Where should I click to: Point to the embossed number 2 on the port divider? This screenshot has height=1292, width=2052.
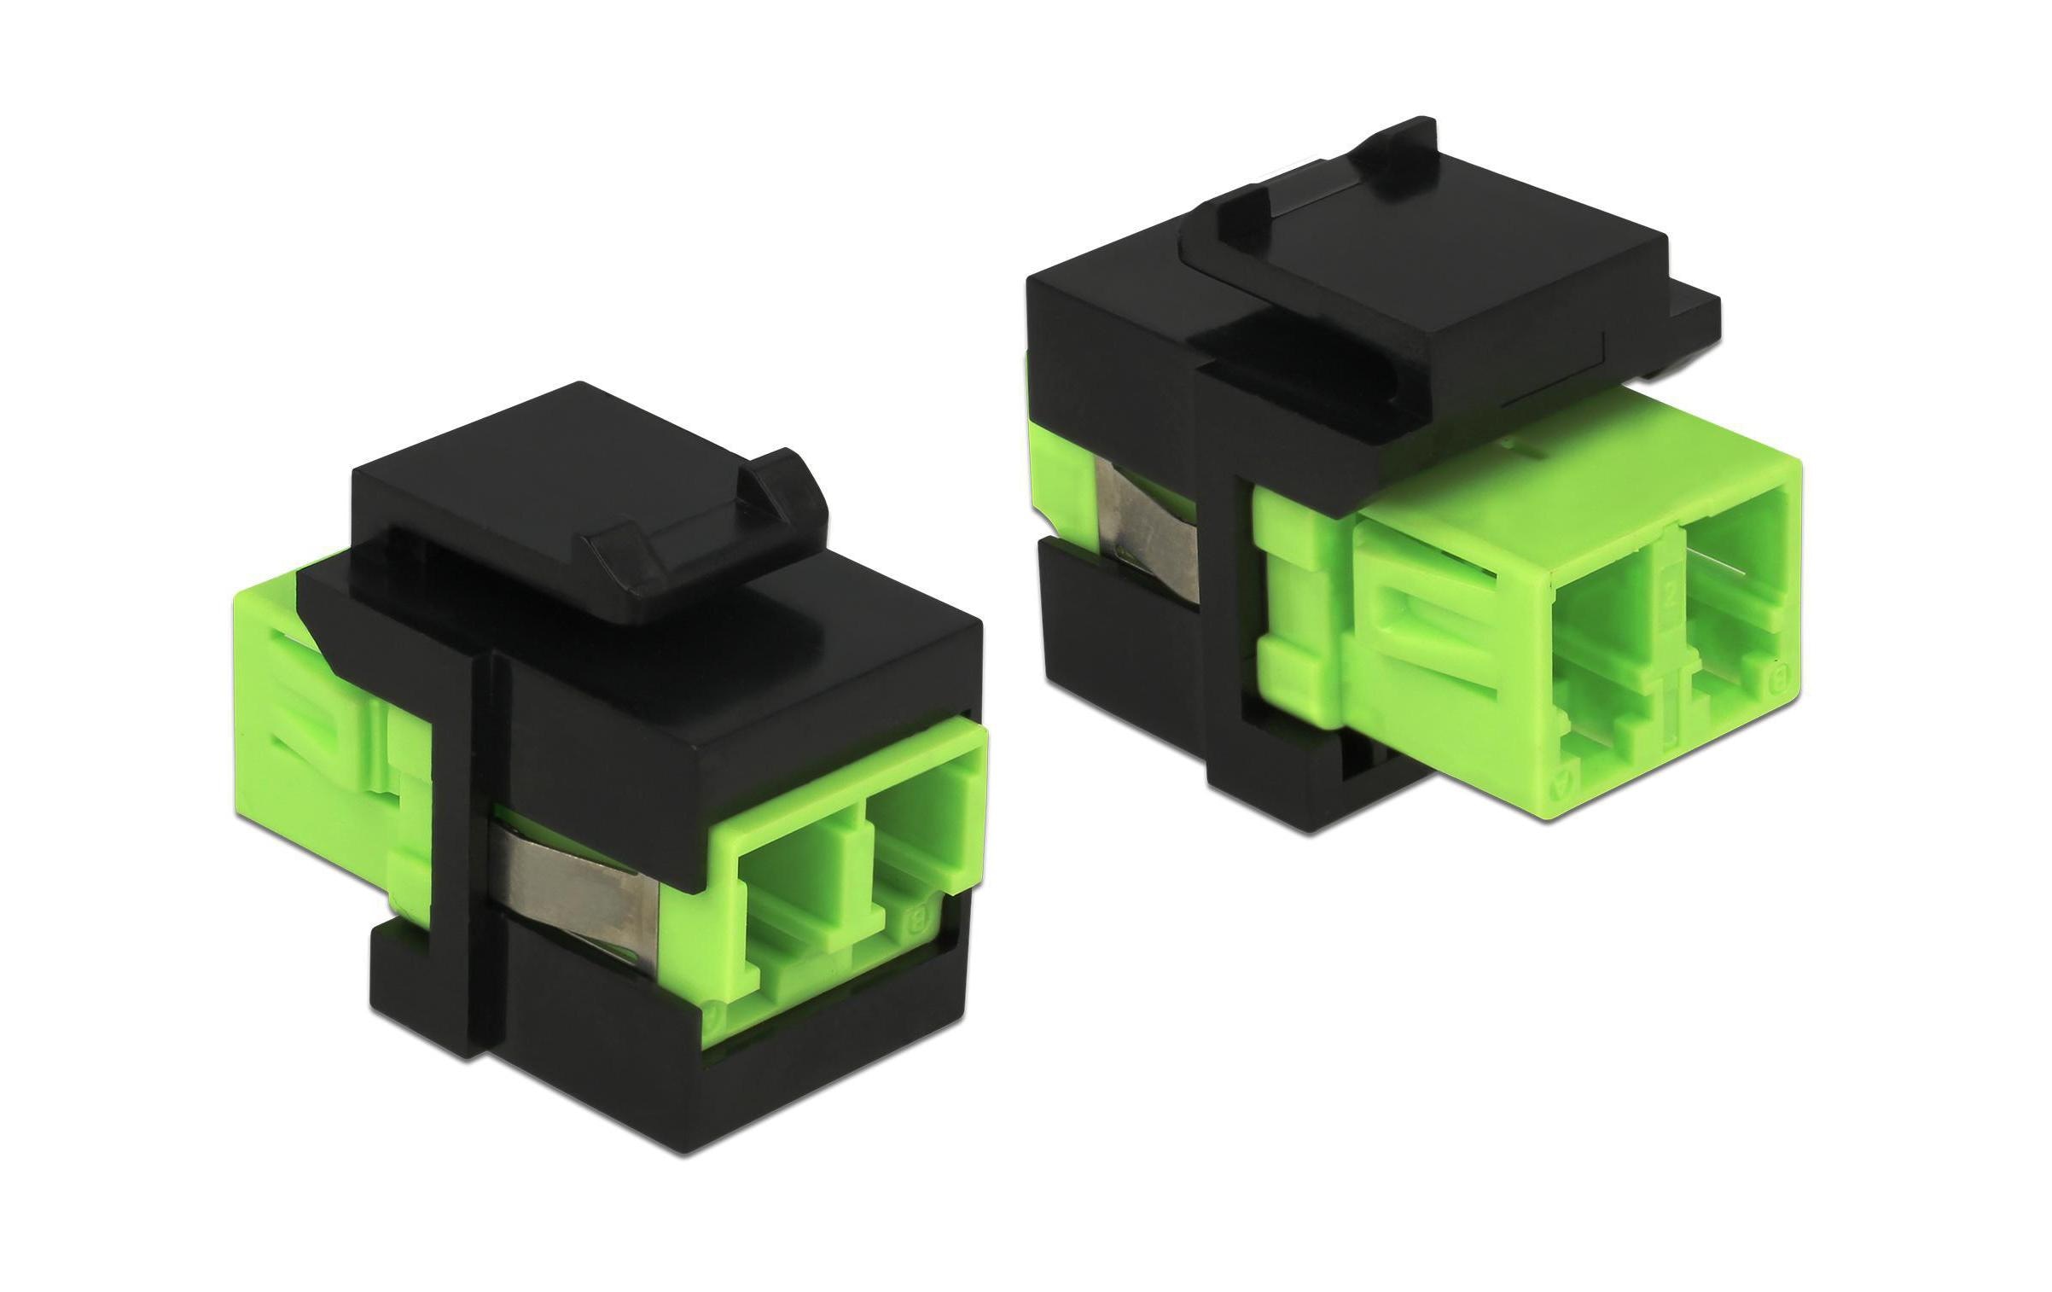pyautogui.click(x=1671, y=597)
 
